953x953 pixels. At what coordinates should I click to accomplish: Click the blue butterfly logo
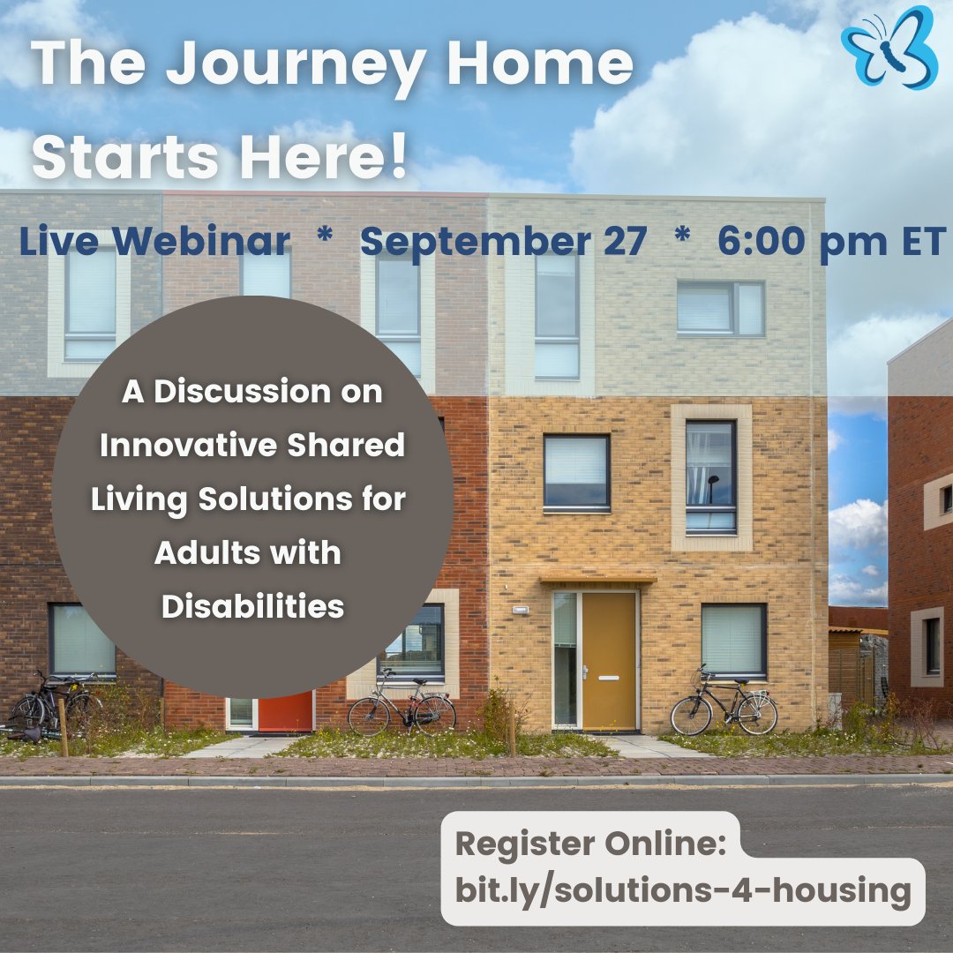[x=889, y=48]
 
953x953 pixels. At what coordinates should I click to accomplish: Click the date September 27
[x=503, y=241]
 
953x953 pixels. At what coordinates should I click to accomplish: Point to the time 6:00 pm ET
[x=832, y=241]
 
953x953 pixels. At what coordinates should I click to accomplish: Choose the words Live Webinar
[x=154, y=241]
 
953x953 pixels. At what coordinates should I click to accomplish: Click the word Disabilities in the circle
[x=253, y=606]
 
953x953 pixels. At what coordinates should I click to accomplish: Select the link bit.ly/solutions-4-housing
[x=682, y=891]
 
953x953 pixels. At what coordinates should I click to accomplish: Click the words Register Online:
[x=590, y=844]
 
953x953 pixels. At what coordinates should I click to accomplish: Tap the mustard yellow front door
[x=608, y=661]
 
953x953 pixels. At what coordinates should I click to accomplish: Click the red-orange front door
[x=286, y=711]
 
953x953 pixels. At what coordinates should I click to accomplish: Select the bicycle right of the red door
[x=401, y=705]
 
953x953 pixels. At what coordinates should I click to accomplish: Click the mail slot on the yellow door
[x=608, y=678]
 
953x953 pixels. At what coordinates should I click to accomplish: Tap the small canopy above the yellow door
[x=598, y=579]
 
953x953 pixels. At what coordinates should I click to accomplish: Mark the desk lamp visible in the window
[x=712, y=488]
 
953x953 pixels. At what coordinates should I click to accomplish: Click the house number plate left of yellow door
[x=520, y=609]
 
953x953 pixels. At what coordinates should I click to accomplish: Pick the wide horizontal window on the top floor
[x=720, y=308]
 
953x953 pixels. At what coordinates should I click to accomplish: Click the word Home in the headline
[x=540, y=63]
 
